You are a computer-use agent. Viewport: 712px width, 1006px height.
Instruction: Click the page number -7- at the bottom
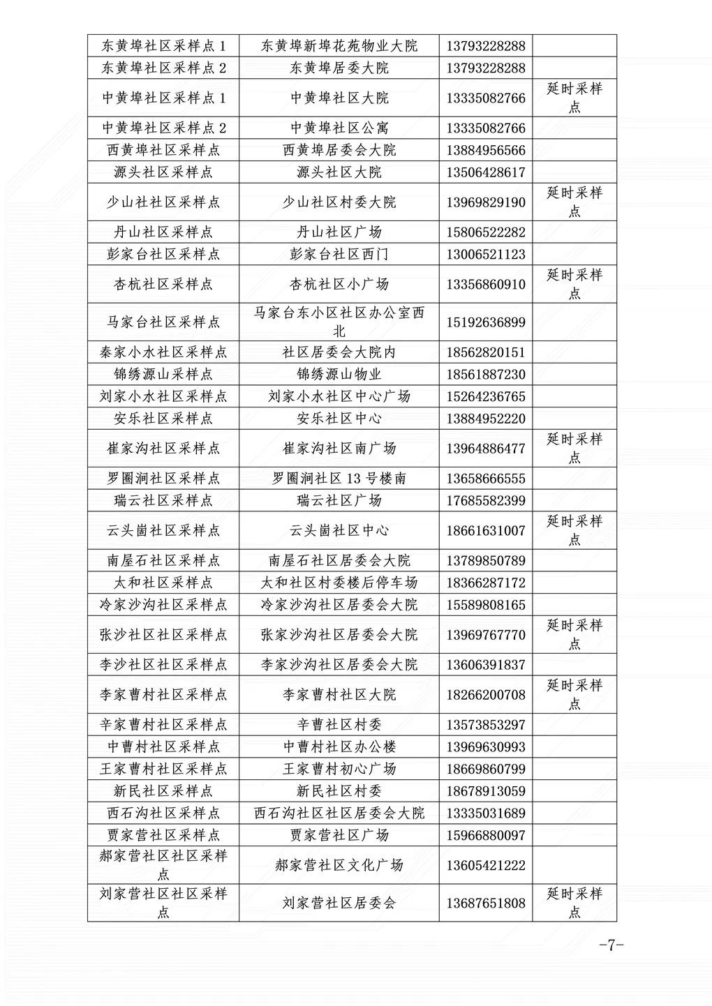pyautogui.click(x=610, y=946)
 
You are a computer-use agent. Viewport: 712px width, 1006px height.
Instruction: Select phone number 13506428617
pyautogui.click(x=486, y=172)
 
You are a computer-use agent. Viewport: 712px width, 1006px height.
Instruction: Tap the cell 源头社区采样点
pyautogui.click(x=163, y=172)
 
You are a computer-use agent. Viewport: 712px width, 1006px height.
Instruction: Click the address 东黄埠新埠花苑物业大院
pyautogui.click(x=339, y=46)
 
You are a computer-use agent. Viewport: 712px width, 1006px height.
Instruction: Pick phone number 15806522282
pyautogui.click(x=486, y=232)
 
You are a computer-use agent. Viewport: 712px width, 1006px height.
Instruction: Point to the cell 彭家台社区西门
pyautogui.click(x=339, y=254)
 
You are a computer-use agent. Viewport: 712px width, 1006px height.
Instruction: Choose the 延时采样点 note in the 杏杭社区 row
pyautogui.click(x=574, y=284)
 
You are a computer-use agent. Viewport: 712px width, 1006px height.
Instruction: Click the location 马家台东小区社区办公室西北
pyautogui.click(x=339, y=322)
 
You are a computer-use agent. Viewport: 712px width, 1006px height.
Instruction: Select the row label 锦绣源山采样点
pyautogui.click(x=163, y=374)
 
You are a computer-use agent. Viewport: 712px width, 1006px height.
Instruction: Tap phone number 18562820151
pyautogui.click(x=486, y=352)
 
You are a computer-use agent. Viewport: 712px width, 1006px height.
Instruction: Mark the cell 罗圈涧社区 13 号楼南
pyautogui.click(x=339, y=479)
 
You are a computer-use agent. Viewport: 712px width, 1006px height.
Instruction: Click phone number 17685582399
pyautogui.click(x=486, y=501)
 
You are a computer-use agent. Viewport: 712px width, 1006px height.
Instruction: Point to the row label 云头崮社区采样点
pyautogui.click(x=163, y=530)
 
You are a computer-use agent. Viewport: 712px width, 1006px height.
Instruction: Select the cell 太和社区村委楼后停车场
pyautogui.click(x=339, y=583)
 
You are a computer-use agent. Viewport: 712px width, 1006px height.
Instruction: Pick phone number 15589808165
pyautogui.click(x=486, y=605)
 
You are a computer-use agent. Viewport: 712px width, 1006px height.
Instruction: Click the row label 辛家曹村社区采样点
pyautogui.click(x=163, y=725)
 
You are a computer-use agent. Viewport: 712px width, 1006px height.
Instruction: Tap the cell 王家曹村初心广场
pyautogui.click(x=339, y=769)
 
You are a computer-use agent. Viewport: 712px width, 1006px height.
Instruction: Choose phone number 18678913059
pyautogui.click(x=486, y=791)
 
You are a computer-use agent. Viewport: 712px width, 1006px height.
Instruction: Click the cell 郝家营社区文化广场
pyautogui.click(x=339, y=865)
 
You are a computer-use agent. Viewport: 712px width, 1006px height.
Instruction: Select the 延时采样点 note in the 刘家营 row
pyautogui.click(x=574, y=903)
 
